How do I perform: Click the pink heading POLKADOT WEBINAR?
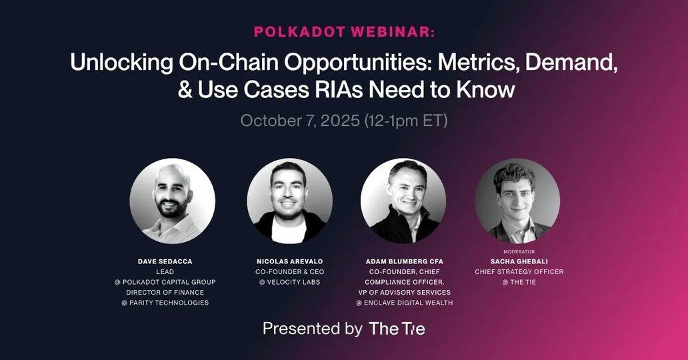[345, 32]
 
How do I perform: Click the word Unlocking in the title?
[121, 63]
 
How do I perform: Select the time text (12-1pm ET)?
[406, 120]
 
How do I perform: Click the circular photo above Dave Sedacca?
[173, 201]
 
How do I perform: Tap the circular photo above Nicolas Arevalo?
[289, 201]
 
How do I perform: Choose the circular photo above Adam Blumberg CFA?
[403, 201]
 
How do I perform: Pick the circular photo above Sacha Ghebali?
[518, 201]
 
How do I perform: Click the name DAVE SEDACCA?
[165, 261]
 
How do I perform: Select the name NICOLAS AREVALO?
[289, 261]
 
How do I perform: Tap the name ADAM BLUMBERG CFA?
[405, 261]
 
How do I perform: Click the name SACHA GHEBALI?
[519, 261]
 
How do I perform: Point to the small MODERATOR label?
[519, 251]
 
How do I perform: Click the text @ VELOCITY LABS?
[289, 282]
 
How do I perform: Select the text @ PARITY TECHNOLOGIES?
[165, 303]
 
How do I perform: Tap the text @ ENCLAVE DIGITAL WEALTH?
[405, 303]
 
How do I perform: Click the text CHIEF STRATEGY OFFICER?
[519, 272]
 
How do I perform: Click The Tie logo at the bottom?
[397, 329]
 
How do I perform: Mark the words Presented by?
[313, 329]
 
